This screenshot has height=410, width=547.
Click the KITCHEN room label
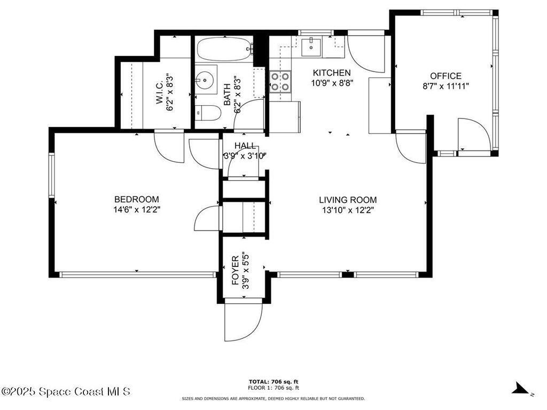click(x=331, y=73)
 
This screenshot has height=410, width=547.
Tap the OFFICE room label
click(x=446, y=76)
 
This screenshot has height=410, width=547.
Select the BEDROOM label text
click(x=136, y=200)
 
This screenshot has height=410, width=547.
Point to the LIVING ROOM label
click(x=348, y=200)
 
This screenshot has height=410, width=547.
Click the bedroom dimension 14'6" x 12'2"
click(x=136, y=210)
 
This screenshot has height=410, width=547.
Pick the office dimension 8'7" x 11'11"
click(x=446, y=86)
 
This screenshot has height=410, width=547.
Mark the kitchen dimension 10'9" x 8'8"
click(x=331, y=83)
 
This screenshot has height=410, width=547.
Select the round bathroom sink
click(x=204, y=81)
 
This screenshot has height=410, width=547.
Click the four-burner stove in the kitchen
click(x=279, y=82)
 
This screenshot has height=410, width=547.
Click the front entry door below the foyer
click(x=244, y=320)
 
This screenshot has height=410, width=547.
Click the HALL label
click(x=245, y=146)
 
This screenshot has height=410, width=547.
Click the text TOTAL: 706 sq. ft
click(x=273, y=381)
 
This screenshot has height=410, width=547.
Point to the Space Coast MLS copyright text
click(x=66, y=391)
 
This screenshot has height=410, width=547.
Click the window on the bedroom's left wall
click(x=52, y=176)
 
